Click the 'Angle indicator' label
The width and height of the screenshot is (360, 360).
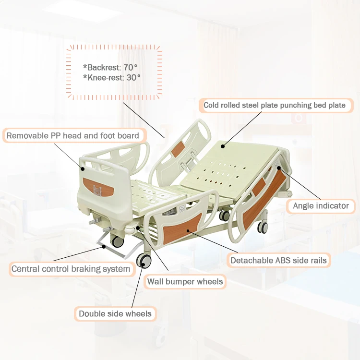click(321, 206)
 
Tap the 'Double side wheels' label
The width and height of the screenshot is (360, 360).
click(115, 314)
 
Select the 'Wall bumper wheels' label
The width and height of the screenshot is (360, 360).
click(185, 281)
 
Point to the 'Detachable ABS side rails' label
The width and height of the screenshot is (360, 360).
click(278, 261)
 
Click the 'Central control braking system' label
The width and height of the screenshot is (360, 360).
click(71, 269)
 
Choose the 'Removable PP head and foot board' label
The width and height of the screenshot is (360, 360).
click(72, 136)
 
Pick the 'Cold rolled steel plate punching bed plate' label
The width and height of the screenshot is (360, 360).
click(275, 105)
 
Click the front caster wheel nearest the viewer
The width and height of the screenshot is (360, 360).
click(144, 261)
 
